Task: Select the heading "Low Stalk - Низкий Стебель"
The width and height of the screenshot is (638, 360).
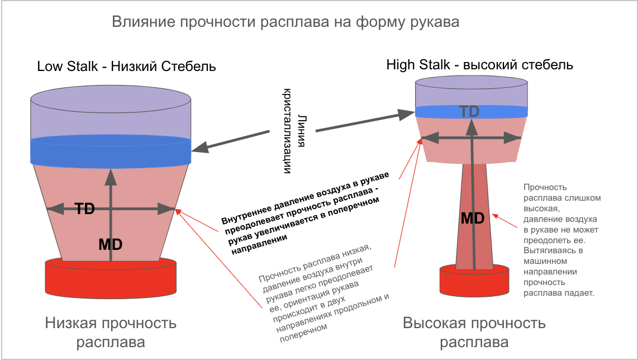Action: pyautogui.click(x=126, y=67)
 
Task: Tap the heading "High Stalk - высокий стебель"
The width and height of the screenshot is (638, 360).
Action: pyautogui.click(x=479, y=65)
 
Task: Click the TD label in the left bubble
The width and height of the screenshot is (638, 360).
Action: pyautogui.click(x=84, y=209)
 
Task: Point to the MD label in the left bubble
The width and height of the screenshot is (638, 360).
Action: pyautogui.click(x=110, y=244)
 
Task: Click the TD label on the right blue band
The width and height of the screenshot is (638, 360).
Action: pyautogui.click(x=469, y=111)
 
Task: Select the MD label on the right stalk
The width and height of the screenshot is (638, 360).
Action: pyautogui.click(x=472, y=219)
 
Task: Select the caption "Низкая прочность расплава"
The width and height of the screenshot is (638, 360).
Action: pyautogui.click(x=111, y=332)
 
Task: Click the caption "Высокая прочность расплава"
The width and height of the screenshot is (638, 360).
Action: pyautogui.click(x=474, y=332)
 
